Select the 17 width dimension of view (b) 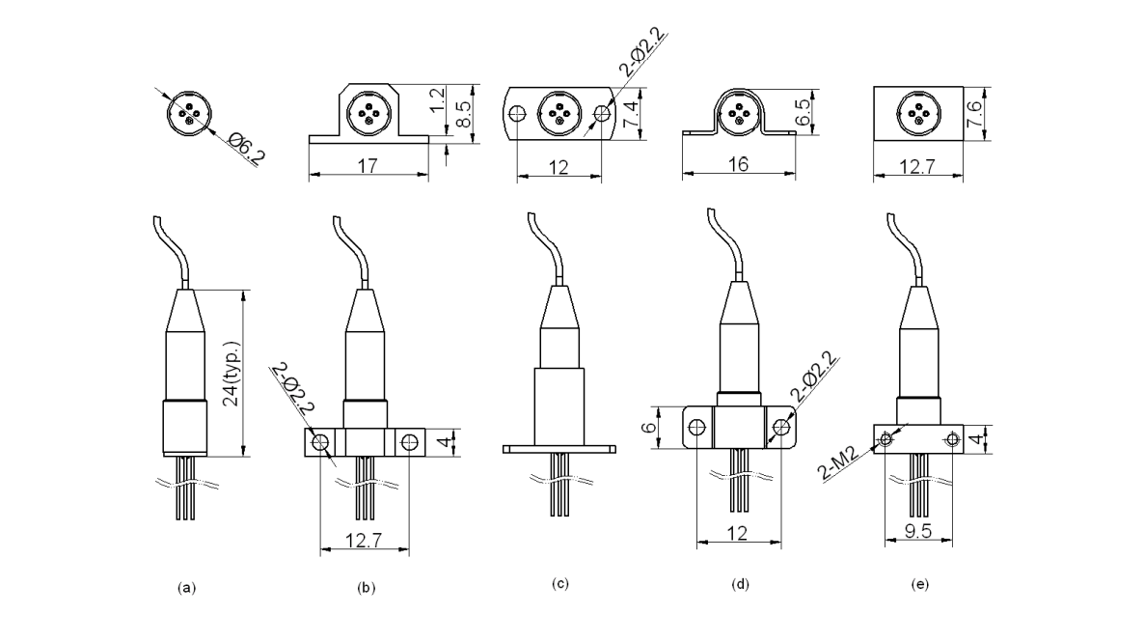(x=367, y=166)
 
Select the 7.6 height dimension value (x=974, y=114)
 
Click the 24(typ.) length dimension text (x=232, y=374)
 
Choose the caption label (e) (x=919, y=585)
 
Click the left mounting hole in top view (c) (x=519, y=113)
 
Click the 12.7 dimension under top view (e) (x=919, y=166)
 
